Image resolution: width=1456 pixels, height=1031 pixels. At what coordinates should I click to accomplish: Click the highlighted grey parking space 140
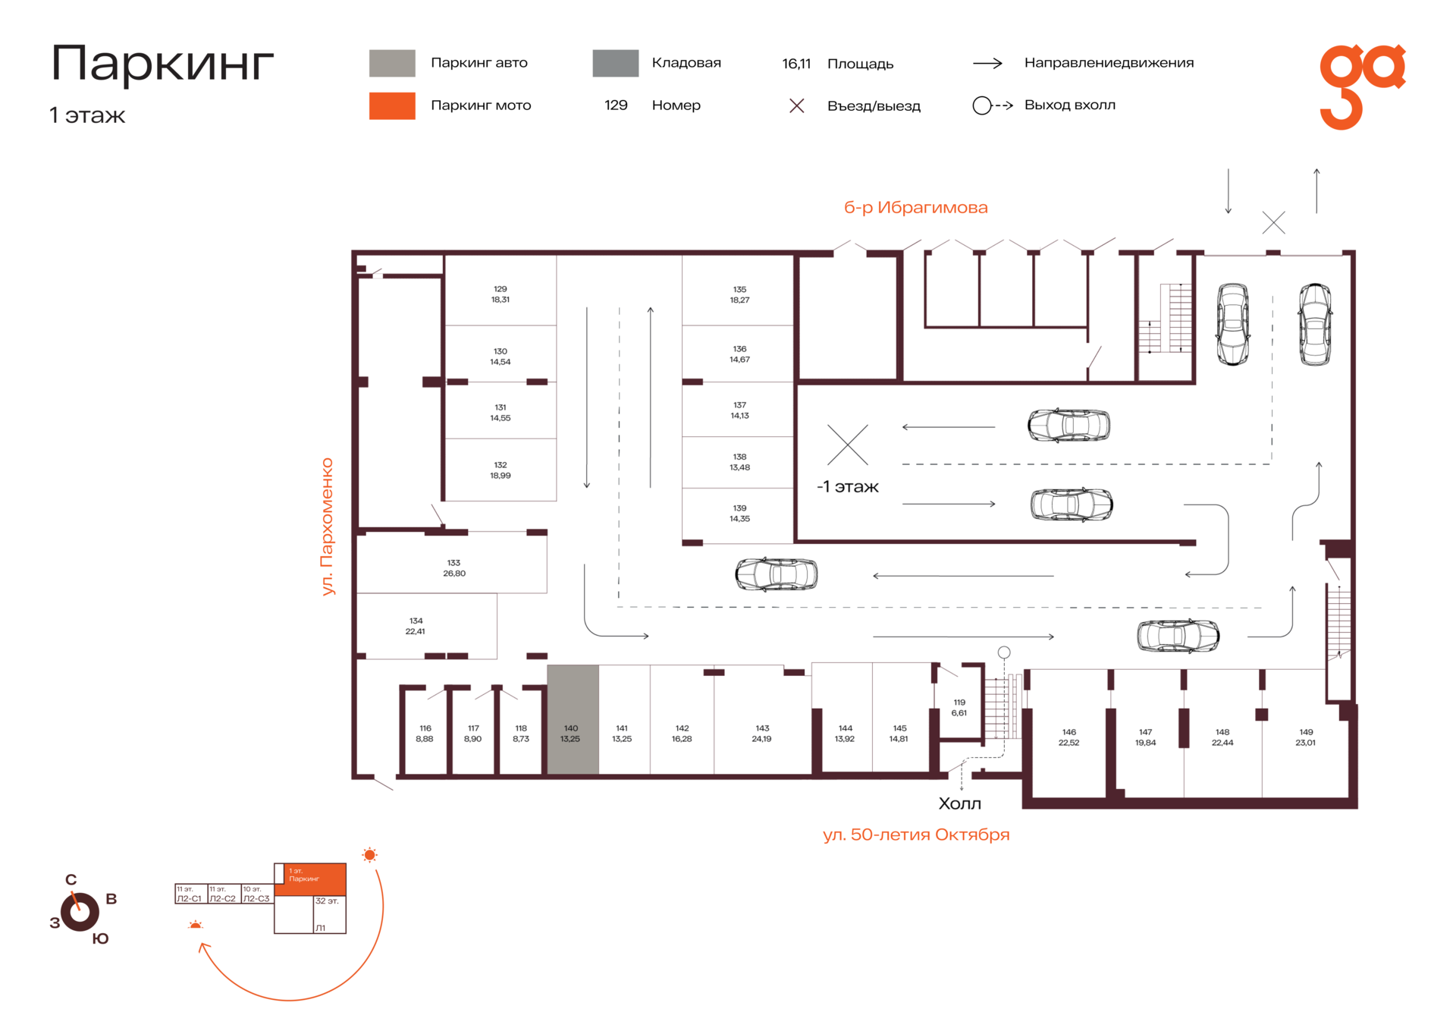573,719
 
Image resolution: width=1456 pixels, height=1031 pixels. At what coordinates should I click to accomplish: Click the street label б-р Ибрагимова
915,207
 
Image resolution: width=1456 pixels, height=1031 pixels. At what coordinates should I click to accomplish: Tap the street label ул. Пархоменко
327,526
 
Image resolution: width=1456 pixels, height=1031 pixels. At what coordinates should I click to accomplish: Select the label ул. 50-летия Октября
916,835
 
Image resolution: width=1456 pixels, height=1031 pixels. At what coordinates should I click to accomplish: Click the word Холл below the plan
959,803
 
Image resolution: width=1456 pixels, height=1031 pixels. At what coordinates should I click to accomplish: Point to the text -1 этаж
847,487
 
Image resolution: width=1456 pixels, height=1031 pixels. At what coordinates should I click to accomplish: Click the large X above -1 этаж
848,445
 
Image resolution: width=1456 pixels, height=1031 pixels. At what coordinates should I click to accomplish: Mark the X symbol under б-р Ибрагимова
1273,222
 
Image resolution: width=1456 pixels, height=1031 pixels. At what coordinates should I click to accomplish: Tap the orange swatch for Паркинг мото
392,105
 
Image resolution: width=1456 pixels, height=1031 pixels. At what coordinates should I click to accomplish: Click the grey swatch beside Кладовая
615,63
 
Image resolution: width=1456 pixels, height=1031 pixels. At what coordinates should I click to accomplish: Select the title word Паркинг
162,63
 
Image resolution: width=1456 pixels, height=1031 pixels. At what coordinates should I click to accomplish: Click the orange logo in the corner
1362,86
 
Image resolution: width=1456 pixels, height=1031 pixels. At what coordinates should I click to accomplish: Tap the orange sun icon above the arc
369,855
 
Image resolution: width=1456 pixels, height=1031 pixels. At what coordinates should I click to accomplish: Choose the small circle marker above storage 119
1004,652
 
